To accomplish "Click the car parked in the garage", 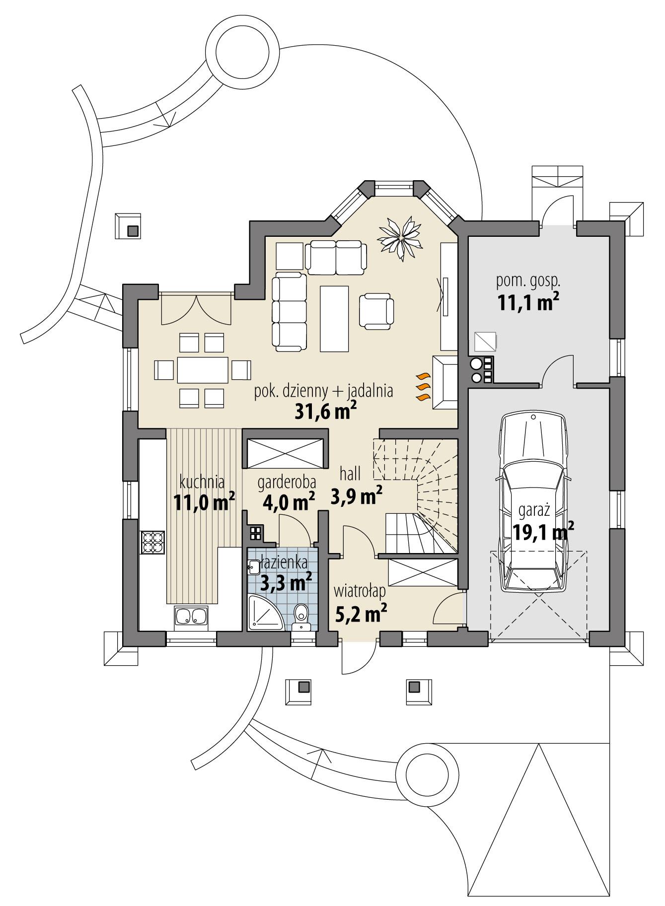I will click(534, 501).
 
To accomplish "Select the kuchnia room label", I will click(202, 482).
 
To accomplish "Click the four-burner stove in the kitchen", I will click(153, 542).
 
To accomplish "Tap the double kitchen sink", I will click(191, 616).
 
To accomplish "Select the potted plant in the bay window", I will click(400, 237).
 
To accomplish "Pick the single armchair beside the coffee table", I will click(376, 311).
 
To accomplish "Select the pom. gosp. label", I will click(528, 281).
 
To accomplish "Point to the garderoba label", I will click(287, 482).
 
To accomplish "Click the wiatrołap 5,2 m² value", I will click(361, 615).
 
